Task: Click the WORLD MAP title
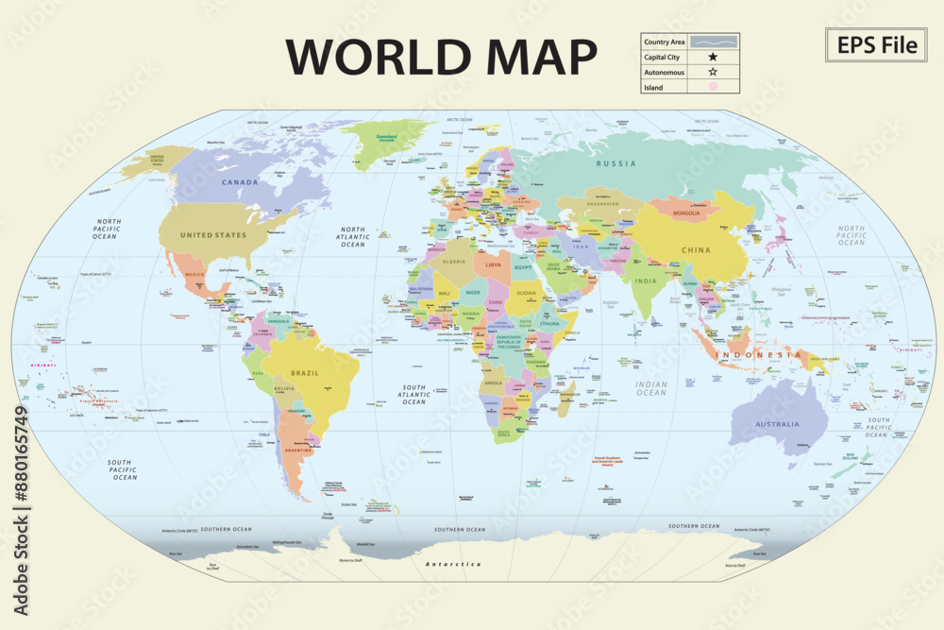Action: (x=442, y=57)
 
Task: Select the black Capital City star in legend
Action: (x=713, y=57)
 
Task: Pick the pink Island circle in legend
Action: (x=713, y=87)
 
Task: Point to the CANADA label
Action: (x=240, y=181)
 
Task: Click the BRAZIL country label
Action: (x=305, y=373)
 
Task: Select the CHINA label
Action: (x=695, y=250)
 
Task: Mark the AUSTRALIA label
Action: (x=777, y=424)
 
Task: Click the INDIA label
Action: (x=646, y=281)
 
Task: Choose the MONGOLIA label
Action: (x=686, y=213)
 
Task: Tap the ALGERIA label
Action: (x=455, y=262)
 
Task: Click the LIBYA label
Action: (x=493, y=265)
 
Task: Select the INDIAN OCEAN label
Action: (x=651, y=388)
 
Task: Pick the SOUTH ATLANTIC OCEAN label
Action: (x=413, y=395)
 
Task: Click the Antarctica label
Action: (x=452, y=564)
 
